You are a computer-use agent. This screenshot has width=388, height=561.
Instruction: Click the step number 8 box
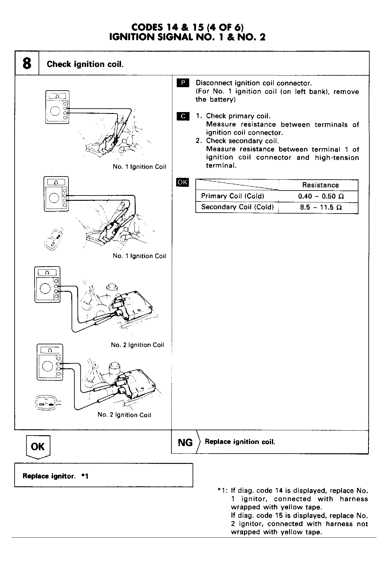27,64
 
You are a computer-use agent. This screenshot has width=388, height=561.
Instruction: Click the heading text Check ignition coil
85,64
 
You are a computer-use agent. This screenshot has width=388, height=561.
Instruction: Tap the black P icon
183,83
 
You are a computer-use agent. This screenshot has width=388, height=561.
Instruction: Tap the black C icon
183,116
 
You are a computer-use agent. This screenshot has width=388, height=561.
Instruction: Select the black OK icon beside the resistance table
182,182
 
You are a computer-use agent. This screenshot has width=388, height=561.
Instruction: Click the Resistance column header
320,185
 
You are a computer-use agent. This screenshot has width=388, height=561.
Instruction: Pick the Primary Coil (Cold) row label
232,196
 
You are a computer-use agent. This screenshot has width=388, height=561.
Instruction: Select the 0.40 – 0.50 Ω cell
320,196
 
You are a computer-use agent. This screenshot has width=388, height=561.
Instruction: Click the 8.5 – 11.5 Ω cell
320,207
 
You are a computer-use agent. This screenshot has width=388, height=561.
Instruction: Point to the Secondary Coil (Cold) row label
237,207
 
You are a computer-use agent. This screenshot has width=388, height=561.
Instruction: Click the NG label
185,442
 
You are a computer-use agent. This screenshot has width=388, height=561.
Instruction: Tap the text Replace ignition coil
240,442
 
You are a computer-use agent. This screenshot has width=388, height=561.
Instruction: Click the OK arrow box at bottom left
38,447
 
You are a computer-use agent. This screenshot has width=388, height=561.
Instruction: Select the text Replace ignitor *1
55,476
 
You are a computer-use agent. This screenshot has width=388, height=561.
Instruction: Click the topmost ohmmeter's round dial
55,111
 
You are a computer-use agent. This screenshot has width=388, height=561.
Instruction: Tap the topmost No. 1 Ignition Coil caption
139,167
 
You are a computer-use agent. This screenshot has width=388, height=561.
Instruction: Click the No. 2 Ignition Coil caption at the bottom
124,415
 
